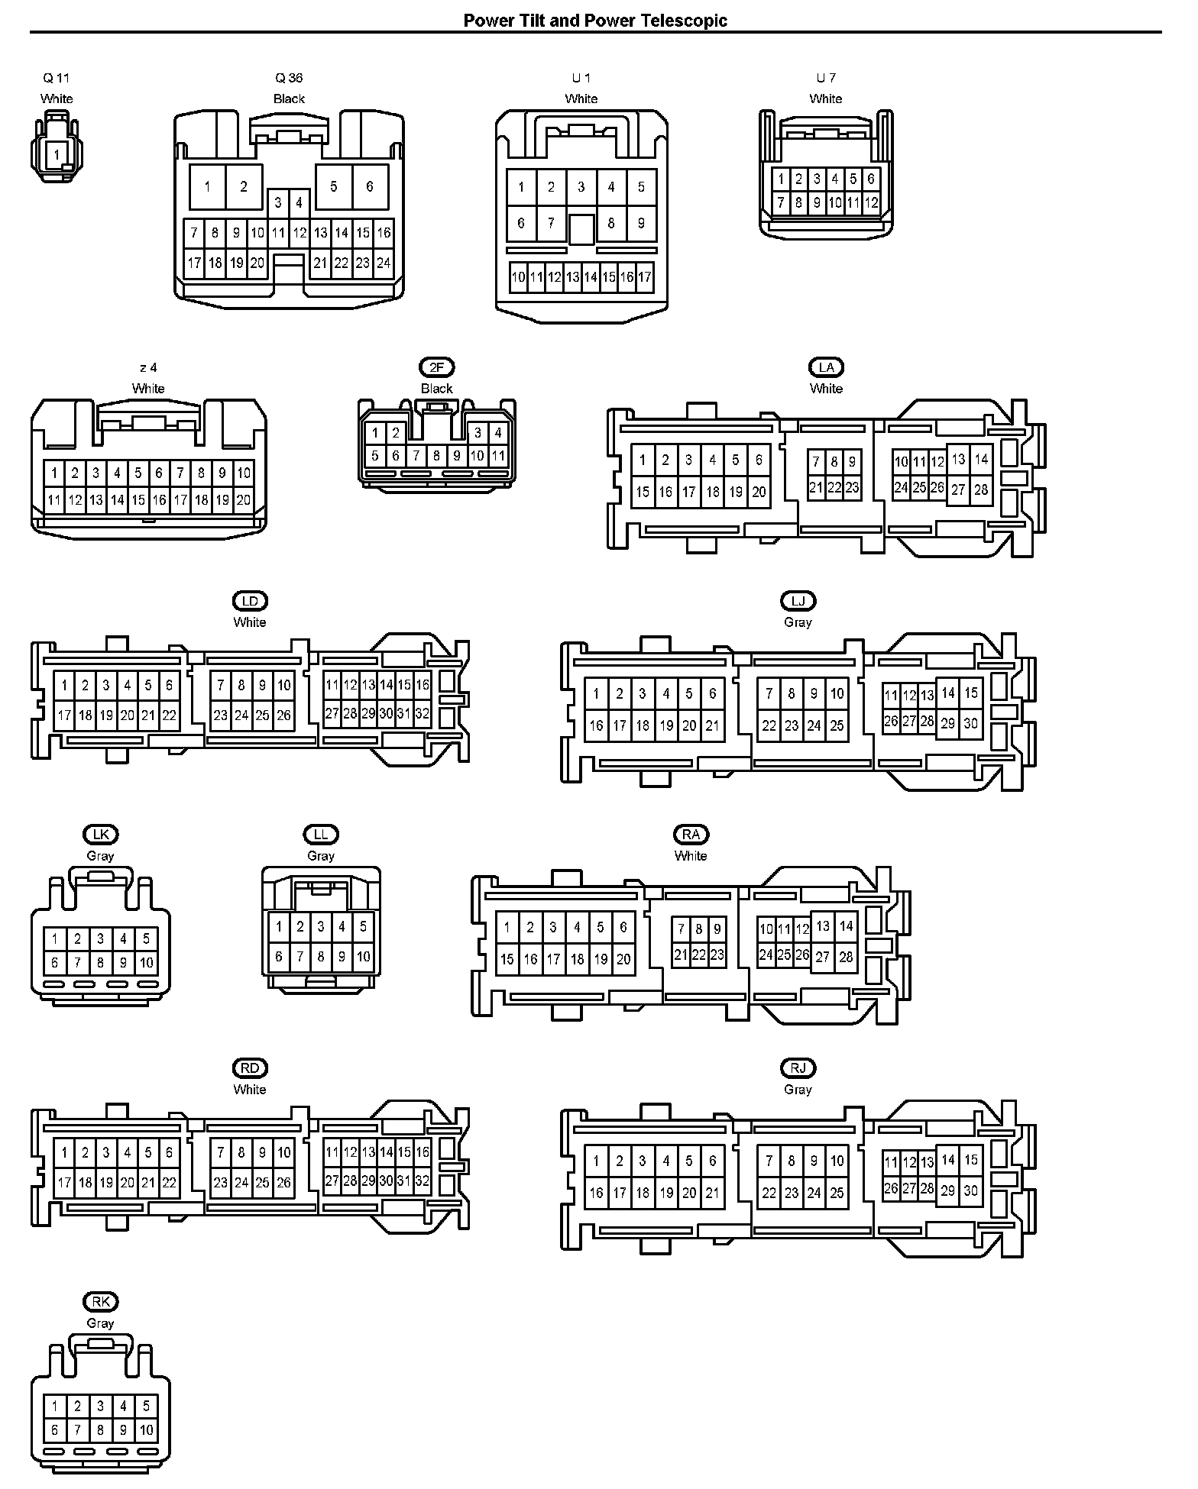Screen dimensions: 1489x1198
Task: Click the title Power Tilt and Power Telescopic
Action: (x=595, y=21)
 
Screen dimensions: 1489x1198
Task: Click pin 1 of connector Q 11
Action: (x=57, y=155)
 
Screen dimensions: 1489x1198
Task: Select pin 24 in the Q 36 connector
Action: (x=384, y=263)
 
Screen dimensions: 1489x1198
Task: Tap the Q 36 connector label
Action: (x=289, y=78)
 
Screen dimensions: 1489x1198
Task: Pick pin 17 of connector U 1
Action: (x=645, y=277)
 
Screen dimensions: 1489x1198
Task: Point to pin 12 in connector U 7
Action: (x=872, y=203)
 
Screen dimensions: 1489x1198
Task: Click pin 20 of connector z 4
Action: (x=244, y=501)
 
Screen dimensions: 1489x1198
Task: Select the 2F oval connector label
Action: (x=437, y=367)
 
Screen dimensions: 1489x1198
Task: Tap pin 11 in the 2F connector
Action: (x=498, y=457)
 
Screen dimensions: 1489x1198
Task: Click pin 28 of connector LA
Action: (x=981, y=489)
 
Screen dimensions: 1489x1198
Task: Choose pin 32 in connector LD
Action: (x=423, y=714)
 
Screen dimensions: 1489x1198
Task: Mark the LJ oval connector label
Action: (x=798, y=601)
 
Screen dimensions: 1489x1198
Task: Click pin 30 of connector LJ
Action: (x=970, y=723)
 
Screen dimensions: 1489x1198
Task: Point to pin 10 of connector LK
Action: (x=147, y=963)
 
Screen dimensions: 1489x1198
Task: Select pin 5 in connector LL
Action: (x=363, y=927)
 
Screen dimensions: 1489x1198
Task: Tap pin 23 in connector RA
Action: (x=717, y=954)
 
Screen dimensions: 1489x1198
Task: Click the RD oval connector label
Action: (x=250, y=1068)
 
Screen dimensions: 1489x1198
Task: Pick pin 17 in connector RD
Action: (x=64, y=1183)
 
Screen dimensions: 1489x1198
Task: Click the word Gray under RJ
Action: (x=798, y=1090)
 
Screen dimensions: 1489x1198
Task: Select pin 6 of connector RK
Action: (x=54, y=1430)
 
